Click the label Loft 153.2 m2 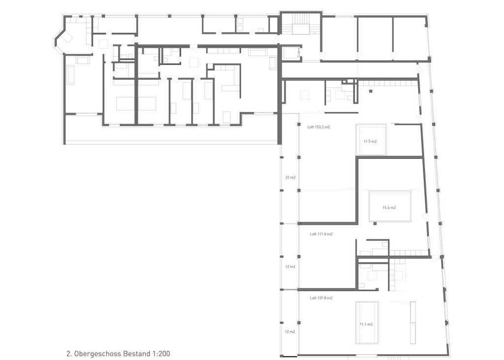(318, 127)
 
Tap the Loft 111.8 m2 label (321, 234)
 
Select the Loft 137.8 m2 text (321, 298)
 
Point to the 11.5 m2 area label (370, 141)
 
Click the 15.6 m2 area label (389, 208)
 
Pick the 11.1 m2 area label (366, 325)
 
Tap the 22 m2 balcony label (290, 177)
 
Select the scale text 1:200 (161, 354)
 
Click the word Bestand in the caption (137, 354)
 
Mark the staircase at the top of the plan (301, 24)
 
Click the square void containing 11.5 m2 (371, 140)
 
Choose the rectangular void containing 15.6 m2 (390, 206)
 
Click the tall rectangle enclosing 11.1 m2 (367, 323)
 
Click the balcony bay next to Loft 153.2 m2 (290, 174)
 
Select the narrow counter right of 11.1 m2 (413, 323)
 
